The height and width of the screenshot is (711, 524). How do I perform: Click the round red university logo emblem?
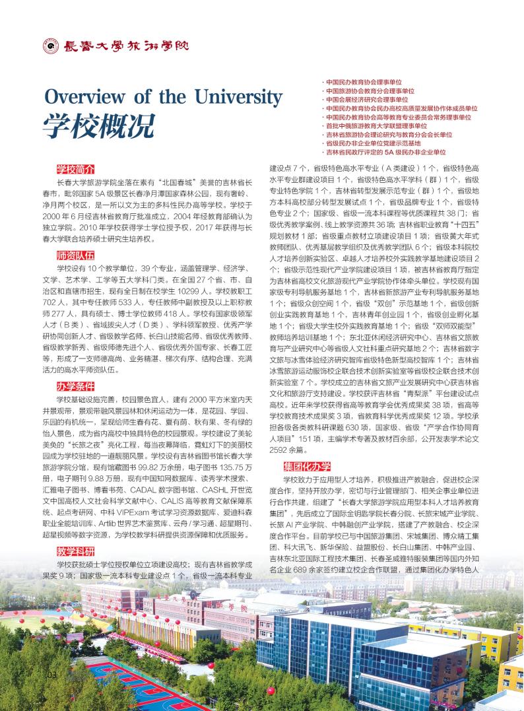tap(49, 46)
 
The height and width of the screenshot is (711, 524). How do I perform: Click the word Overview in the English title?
tap(84, 96)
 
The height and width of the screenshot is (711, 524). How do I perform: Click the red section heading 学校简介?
tap(75, 170)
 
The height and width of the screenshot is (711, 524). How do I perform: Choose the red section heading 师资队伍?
tap(75, 255)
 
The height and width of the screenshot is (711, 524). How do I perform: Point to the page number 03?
tap(53, 675)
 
